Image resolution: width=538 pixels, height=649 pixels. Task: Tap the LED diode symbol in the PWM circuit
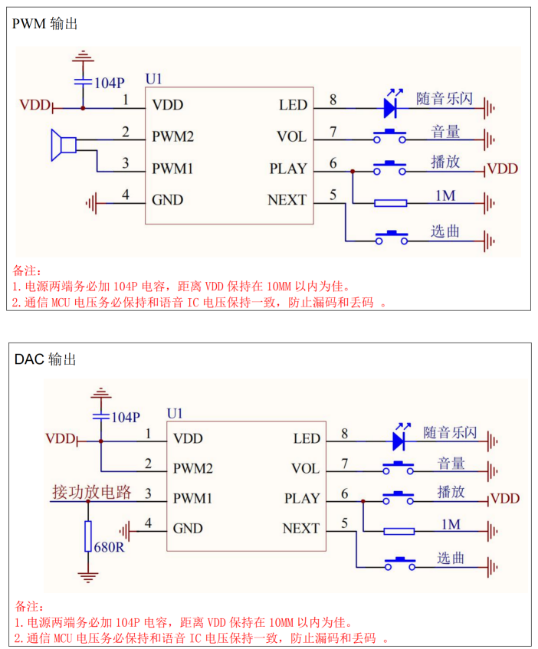click(391, 105)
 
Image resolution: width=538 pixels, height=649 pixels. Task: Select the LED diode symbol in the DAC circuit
click(399, 439)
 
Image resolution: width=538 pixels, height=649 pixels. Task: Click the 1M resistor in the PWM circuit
click(391, 203)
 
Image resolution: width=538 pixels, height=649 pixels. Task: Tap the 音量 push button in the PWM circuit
click(390, 136)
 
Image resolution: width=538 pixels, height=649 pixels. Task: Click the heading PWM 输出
click(45, 25)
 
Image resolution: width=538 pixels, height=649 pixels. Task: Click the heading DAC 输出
click(46, 359)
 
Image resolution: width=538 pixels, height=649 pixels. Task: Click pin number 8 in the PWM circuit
click(333, 100)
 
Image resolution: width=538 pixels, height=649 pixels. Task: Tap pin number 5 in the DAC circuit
click(344, 523)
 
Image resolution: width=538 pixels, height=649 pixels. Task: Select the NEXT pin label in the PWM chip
click(287, 201)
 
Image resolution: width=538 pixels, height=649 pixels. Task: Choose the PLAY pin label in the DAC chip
click(302, 499)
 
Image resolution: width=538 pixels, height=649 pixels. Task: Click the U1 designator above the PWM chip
click(153, 79)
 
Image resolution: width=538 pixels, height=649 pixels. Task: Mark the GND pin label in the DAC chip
click(188, 529)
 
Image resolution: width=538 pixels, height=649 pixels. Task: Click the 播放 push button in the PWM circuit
click(391, 166)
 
